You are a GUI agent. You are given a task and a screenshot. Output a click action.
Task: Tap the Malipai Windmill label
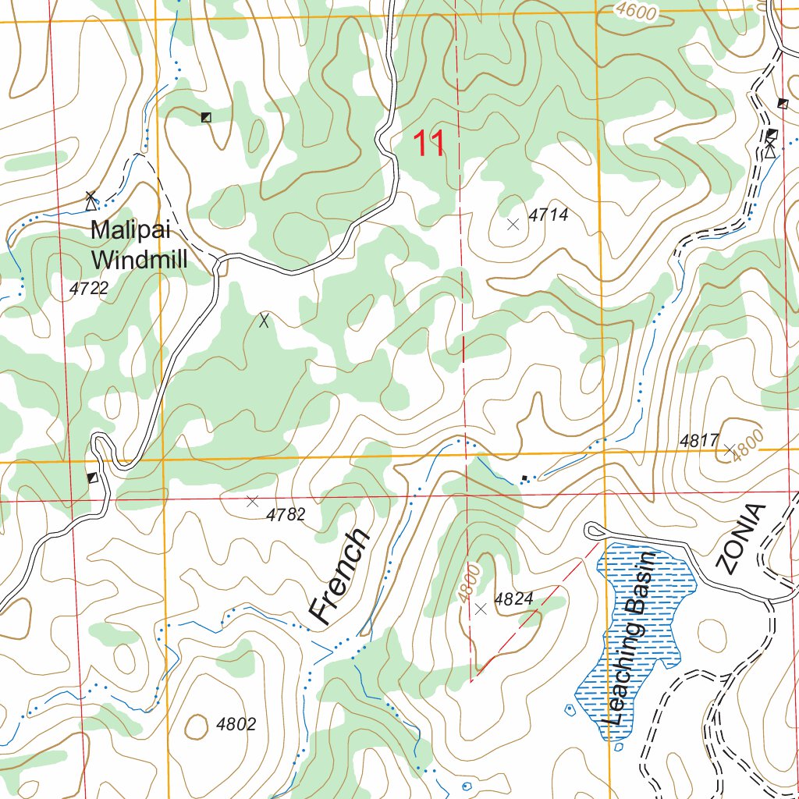coord(139,245)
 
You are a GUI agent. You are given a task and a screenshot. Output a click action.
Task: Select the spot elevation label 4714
coord(549,215)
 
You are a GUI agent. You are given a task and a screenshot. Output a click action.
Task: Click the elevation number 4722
coord(88,289)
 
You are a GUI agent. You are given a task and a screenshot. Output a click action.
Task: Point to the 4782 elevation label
coord(286,515)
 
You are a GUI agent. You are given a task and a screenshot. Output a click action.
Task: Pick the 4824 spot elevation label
coord(513,599)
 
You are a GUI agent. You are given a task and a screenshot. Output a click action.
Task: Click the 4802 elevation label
coord(236,724)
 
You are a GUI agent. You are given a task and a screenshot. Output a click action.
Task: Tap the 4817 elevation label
coord(698,441)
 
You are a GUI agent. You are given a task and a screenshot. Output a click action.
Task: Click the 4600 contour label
coord(636,12)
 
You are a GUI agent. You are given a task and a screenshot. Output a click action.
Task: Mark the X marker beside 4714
coord(513,225)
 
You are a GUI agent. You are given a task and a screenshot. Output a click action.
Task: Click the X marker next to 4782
coord(252,501)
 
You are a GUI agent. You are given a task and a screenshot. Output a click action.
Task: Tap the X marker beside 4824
coord(481,609)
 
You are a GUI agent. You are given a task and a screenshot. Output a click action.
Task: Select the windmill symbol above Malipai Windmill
coord(91,201)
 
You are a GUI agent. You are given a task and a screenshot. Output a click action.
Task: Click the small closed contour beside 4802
coord(196,726)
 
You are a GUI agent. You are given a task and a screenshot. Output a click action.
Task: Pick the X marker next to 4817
coord(730,449)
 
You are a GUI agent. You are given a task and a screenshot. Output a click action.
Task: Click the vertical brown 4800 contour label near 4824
coord(469,582)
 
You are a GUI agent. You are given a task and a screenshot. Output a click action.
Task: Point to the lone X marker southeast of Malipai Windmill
coord(264,320)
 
